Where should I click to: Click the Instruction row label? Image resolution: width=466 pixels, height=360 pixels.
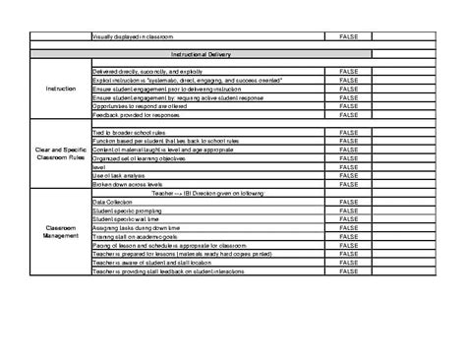[x=60, y=89]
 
